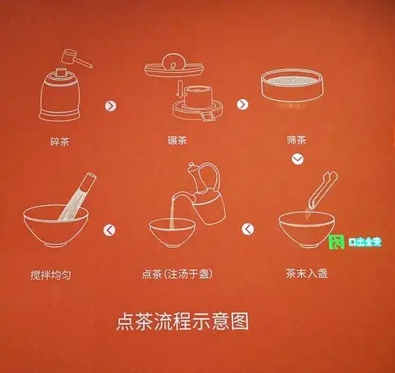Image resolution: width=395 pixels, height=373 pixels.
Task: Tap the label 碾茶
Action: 177,140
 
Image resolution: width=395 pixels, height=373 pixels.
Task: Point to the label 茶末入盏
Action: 306,274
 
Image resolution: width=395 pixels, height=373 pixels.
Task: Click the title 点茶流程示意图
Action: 182,322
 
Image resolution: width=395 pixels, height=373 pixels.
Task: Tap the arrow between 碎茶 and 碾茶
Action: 111,105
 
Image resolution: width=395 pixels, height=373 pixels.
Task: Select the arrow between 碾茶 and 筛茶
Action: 242,104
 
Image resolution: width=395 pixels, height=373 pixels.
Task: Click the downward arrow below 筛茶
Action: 297,159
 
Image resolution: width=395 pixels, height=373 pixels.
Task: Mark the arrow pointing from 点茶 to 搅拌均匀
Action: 110,230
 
